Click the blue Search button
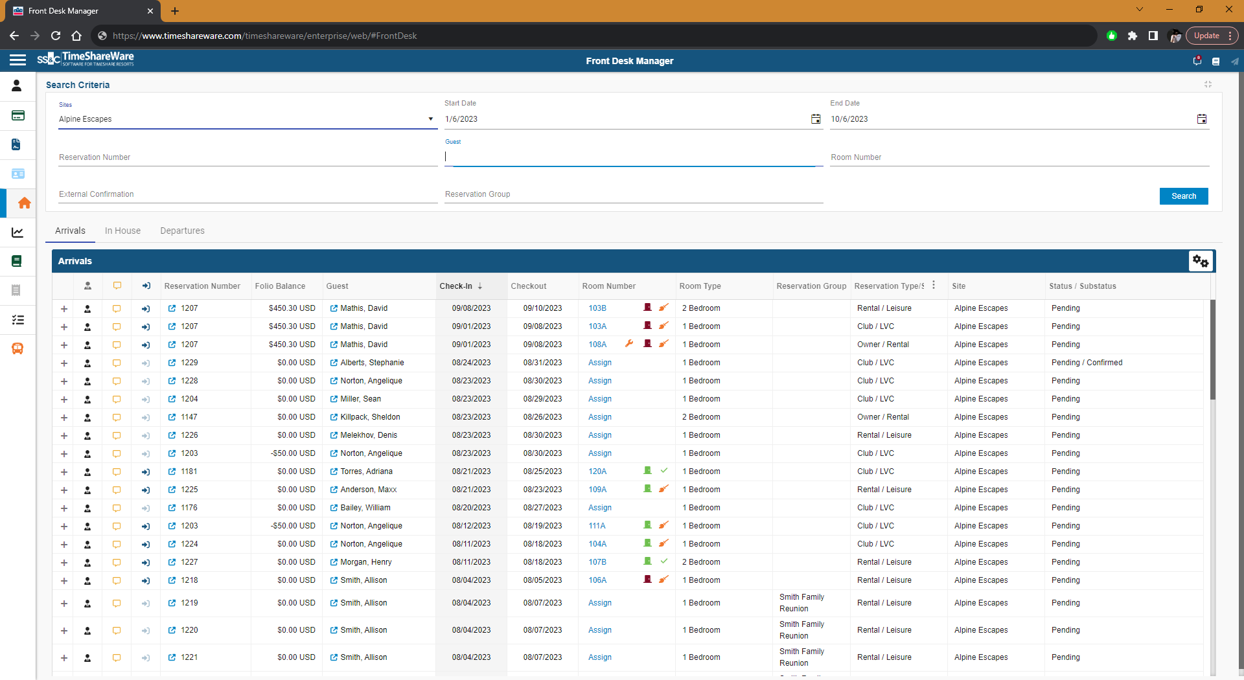tap(1183, 196)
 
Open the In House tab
tap(122, 231)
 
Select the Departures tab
tap(182, 231)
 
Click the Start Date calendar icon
tap(816, 119)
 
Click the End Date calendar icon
tap(1201, 119)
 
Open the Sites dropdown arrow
tap(430, 119)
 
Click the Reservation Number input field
tap(248, 157)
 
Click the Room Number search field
tap(1019, 157)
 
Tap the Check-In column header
tap(456, 286)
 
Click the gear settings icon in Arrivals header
tap(1200, 261)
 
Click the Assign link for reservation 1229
tap(599, 363)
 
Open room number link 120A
tap(597, 471)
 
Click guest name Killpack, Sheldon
tap(370, 417)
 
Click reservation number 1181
tap(189, 471)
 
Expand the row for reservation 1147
tap(64, 418)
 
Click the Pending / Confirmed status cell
tap(1087, 363)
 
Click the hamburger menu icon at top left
tap(17, 60)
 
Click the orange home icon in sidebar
tap(24, 203)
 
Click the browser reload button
tap(56, 36)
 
